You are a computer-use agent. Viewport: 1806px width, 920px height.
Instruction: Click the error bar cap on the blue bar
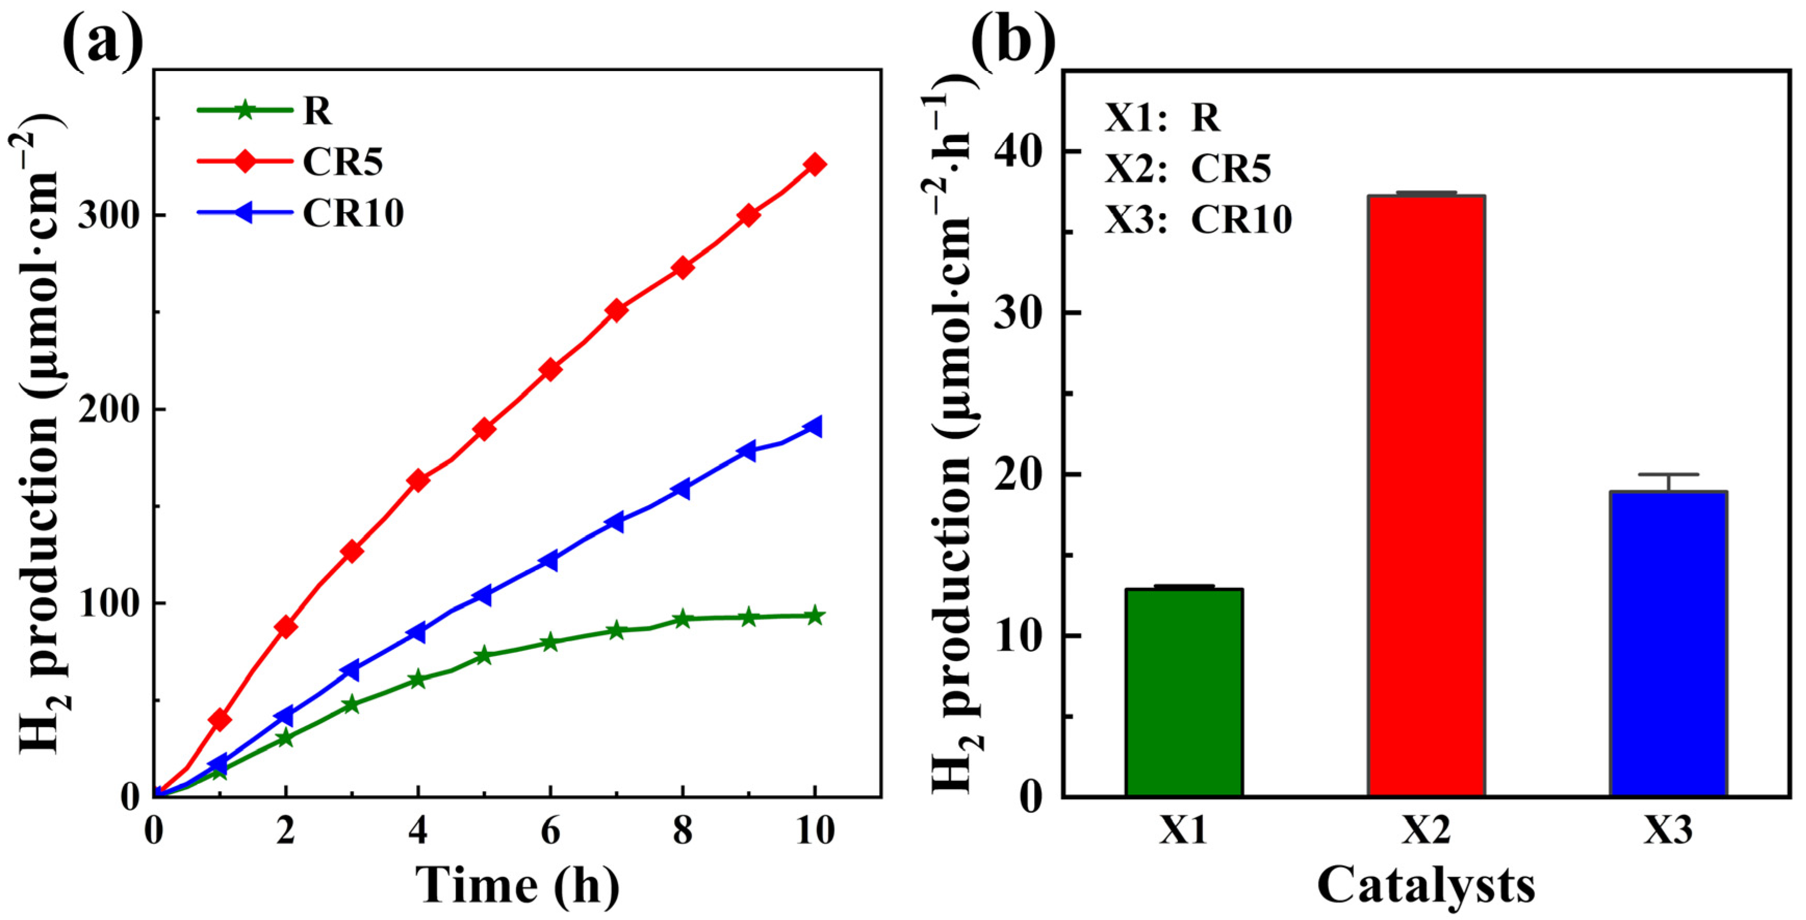pyautogui.click(x=1668, y=475)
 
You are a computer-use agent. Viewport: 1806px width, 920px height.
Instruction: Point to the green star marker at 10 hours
pyautogui.click(x=815, y=616)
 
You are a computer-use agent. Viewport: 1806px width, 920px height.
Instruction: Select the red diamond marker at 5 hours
pyautogui.click(x=484, y=429)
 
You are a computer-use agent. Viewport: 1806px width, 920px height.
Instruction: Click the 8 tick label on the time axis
pyautogui.click(x=682, y=832)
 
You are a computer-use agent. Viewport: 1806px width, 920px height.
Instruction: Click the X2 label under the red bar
pyautogui.click(x=1425, y=832)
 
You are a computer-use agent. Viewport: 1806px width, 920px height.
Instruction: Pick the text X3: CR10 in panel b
pyautogui.click(x=1198, y=219)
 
